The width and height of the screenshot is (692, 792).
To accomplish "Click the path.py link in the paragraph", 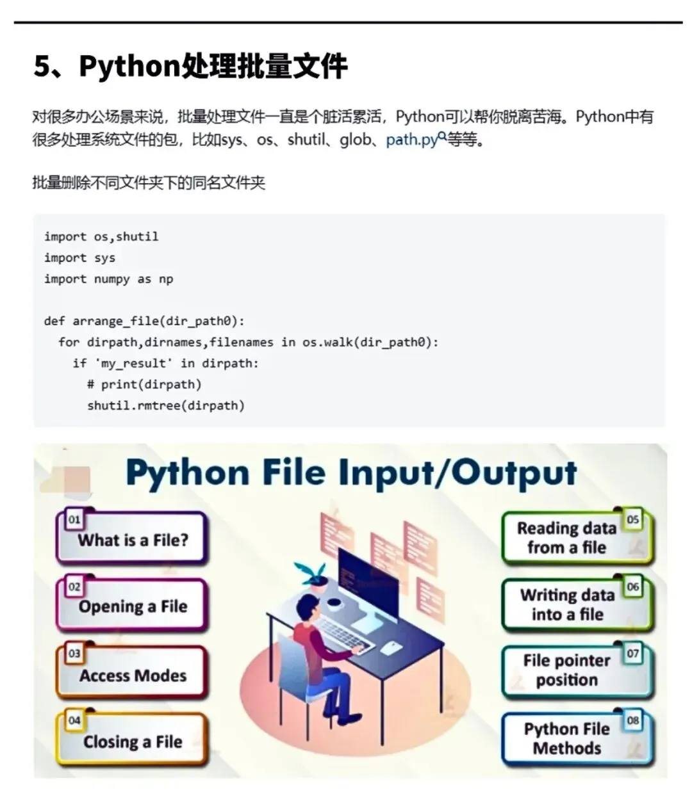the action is (x=411, y=139).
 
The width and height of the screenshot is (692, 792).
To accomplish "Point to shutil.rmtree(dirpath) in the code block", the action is (x=166, y=405).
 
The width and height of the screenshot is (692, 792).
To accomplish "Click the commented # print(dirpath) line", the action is (x=144, y=384).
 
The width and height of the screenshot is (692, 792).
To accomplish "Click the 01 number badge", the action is (x=74, y=519).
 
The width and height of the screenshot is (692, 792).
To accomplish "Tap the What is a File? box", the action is (x=133, y=540).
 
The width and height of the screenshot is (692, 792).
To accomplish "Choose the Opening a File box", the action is (x=133, y=606).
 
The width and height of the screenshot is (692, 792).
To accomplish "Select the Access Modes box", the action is (x=133, y=675).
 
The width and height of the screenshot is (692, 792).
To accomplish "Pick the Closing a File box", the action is (x=133, y=741).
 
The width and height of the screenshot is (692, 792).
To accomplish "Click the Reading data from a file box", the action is (x=566, y=538).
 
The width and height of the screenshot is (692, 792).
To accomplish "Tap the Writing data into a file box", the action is (x=566, y=604).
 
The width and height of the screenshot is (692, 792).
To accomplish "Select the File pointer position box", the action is (x=566, y=670).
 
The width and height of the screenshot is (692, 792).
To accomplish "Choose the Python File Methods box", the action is (x=566, y=738).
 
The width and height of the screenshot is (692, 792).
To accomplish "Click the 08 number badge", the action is (x=633, y=720).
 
